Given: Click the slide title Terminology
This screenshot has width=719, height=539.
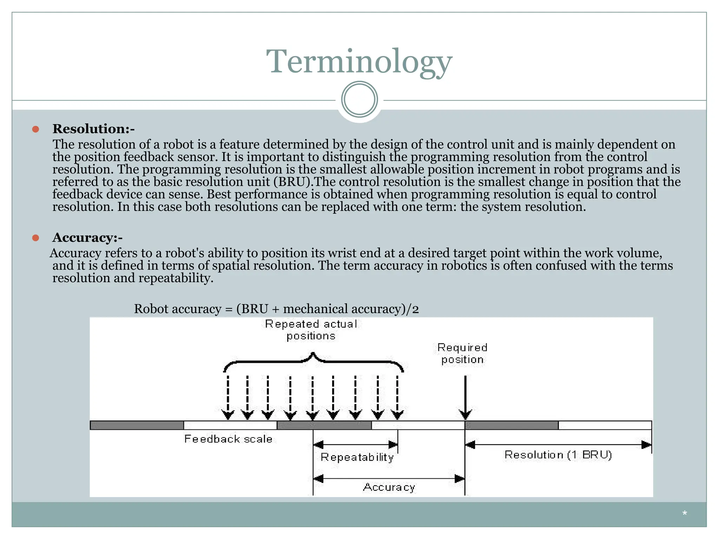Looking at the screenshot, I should pos(359,61).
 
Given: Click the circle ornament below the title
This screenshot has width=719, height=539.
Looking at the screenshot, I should pos(359,99).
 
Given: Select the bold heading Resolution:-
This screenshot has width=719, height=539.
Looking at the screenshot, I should pos(93,129).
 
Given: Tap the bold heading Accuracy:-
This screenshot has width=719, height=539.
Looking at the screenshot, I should pos(87,238).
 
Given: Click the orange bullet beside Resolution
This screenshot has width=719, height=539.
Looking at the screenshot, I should pos(35,129).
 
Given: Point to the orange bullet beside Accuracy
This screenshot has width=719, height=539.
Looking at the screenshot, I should pos(35,238).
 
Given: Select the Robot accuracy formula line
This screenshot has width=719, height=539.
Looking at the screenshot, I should pos(276,309).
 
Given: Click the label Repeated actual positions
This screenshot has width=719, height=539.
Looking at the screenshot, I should pos(311,330).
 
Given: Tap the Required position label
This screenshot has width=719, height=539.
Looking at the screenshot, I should pos(462,353).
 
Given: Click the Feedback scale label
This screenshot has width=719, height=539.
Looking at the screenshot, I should pos(228,439).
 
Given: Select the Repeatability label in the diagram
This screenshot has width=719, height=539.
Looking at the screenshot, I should pos(357,457).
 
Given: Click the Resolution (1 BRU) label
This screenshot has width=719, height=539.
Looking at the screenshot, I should pos(558,455).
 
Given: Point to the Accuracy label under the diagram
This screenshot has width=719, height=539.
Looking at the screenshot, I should pos(389,487).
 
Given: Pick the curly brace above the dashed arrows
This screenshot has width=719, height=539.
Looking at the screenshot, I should pos(313,361).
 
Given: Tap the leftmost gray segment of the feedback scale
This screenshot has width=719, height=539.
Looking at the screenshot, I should pos(137,425).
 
